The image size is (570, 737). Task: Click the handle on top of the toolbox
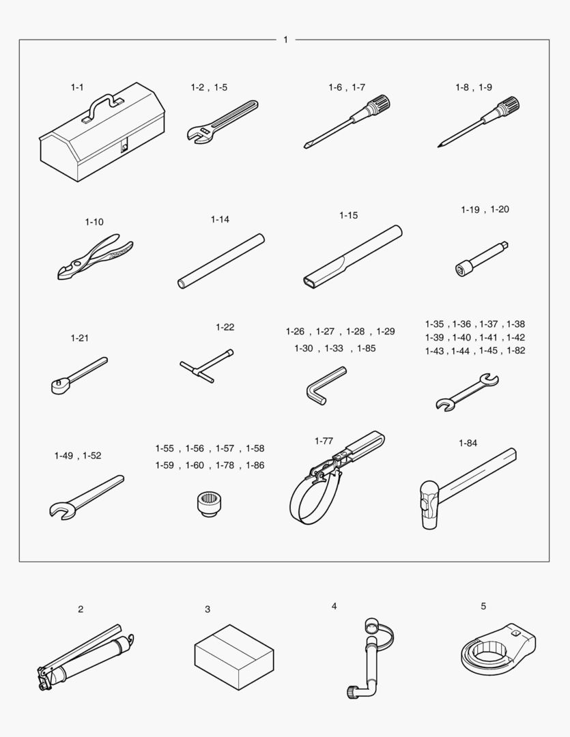[102, 104]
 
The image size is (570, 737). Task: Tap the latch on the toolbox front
[124, 147]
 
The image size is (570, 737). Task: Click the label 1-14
[220, 219]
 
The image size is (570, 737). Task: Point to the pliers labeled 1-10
[96, 257]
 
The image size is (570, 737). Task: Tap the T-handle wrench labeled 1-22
[206, 366]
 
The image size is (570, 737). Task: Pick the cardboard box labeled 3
[234, 656]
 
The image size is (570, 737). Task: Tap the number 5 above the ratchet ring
[483, 607]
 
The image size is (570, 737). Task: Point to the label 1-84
[468, 443]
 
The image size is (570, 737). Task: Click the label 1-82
[516, 350]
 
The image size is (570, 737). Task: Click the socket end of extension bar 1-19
[461, 269]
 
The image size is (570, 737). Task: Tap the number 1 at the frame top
[285, 40]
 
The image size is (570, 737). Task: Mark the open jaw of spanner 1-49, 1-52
[61, 510]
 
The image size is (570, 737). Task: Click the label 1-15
[349, 215]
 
